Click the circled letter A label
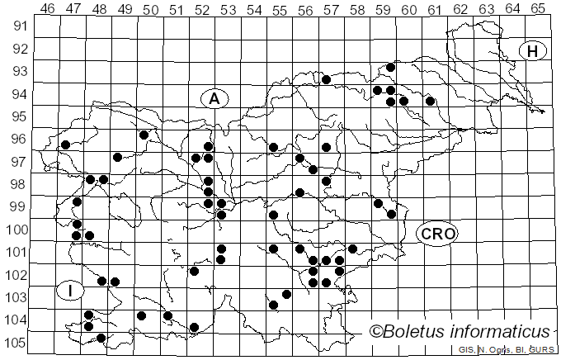214,99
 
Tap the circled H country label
533,51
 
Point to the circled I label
71,290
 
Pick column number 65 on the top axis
538,8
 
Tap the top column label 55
279,8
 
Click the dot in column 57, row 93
327,80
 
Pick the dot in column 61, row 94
430,102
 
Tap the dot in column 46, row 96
65,145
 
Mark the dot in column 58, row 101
352,249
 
